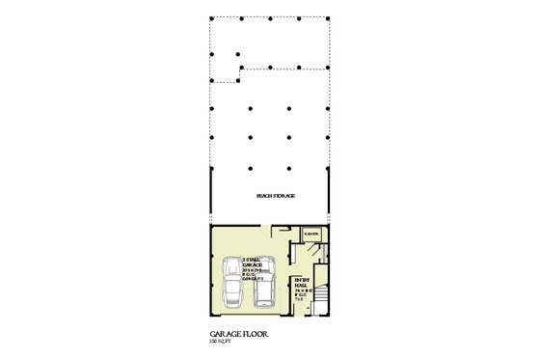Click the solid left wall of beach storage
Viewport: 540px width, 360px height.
coord(210,198)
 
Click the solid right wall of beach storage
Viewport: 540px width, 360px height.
coord(330,198)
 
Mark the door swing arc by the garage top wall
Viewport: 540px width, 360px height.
coord(280,232)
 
